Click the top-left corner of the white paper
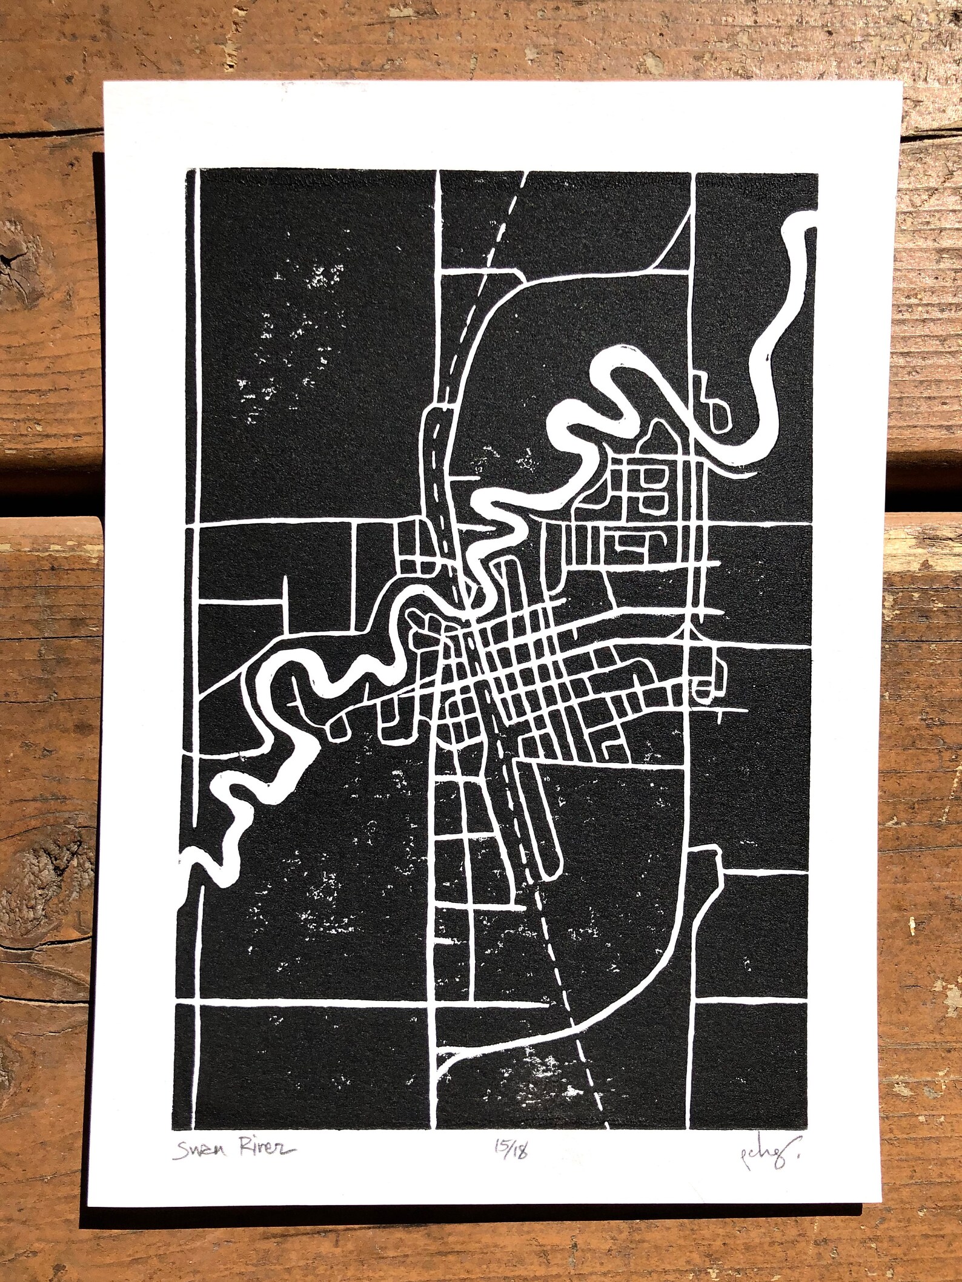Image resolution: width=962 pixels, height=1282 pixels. point(104,83)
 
